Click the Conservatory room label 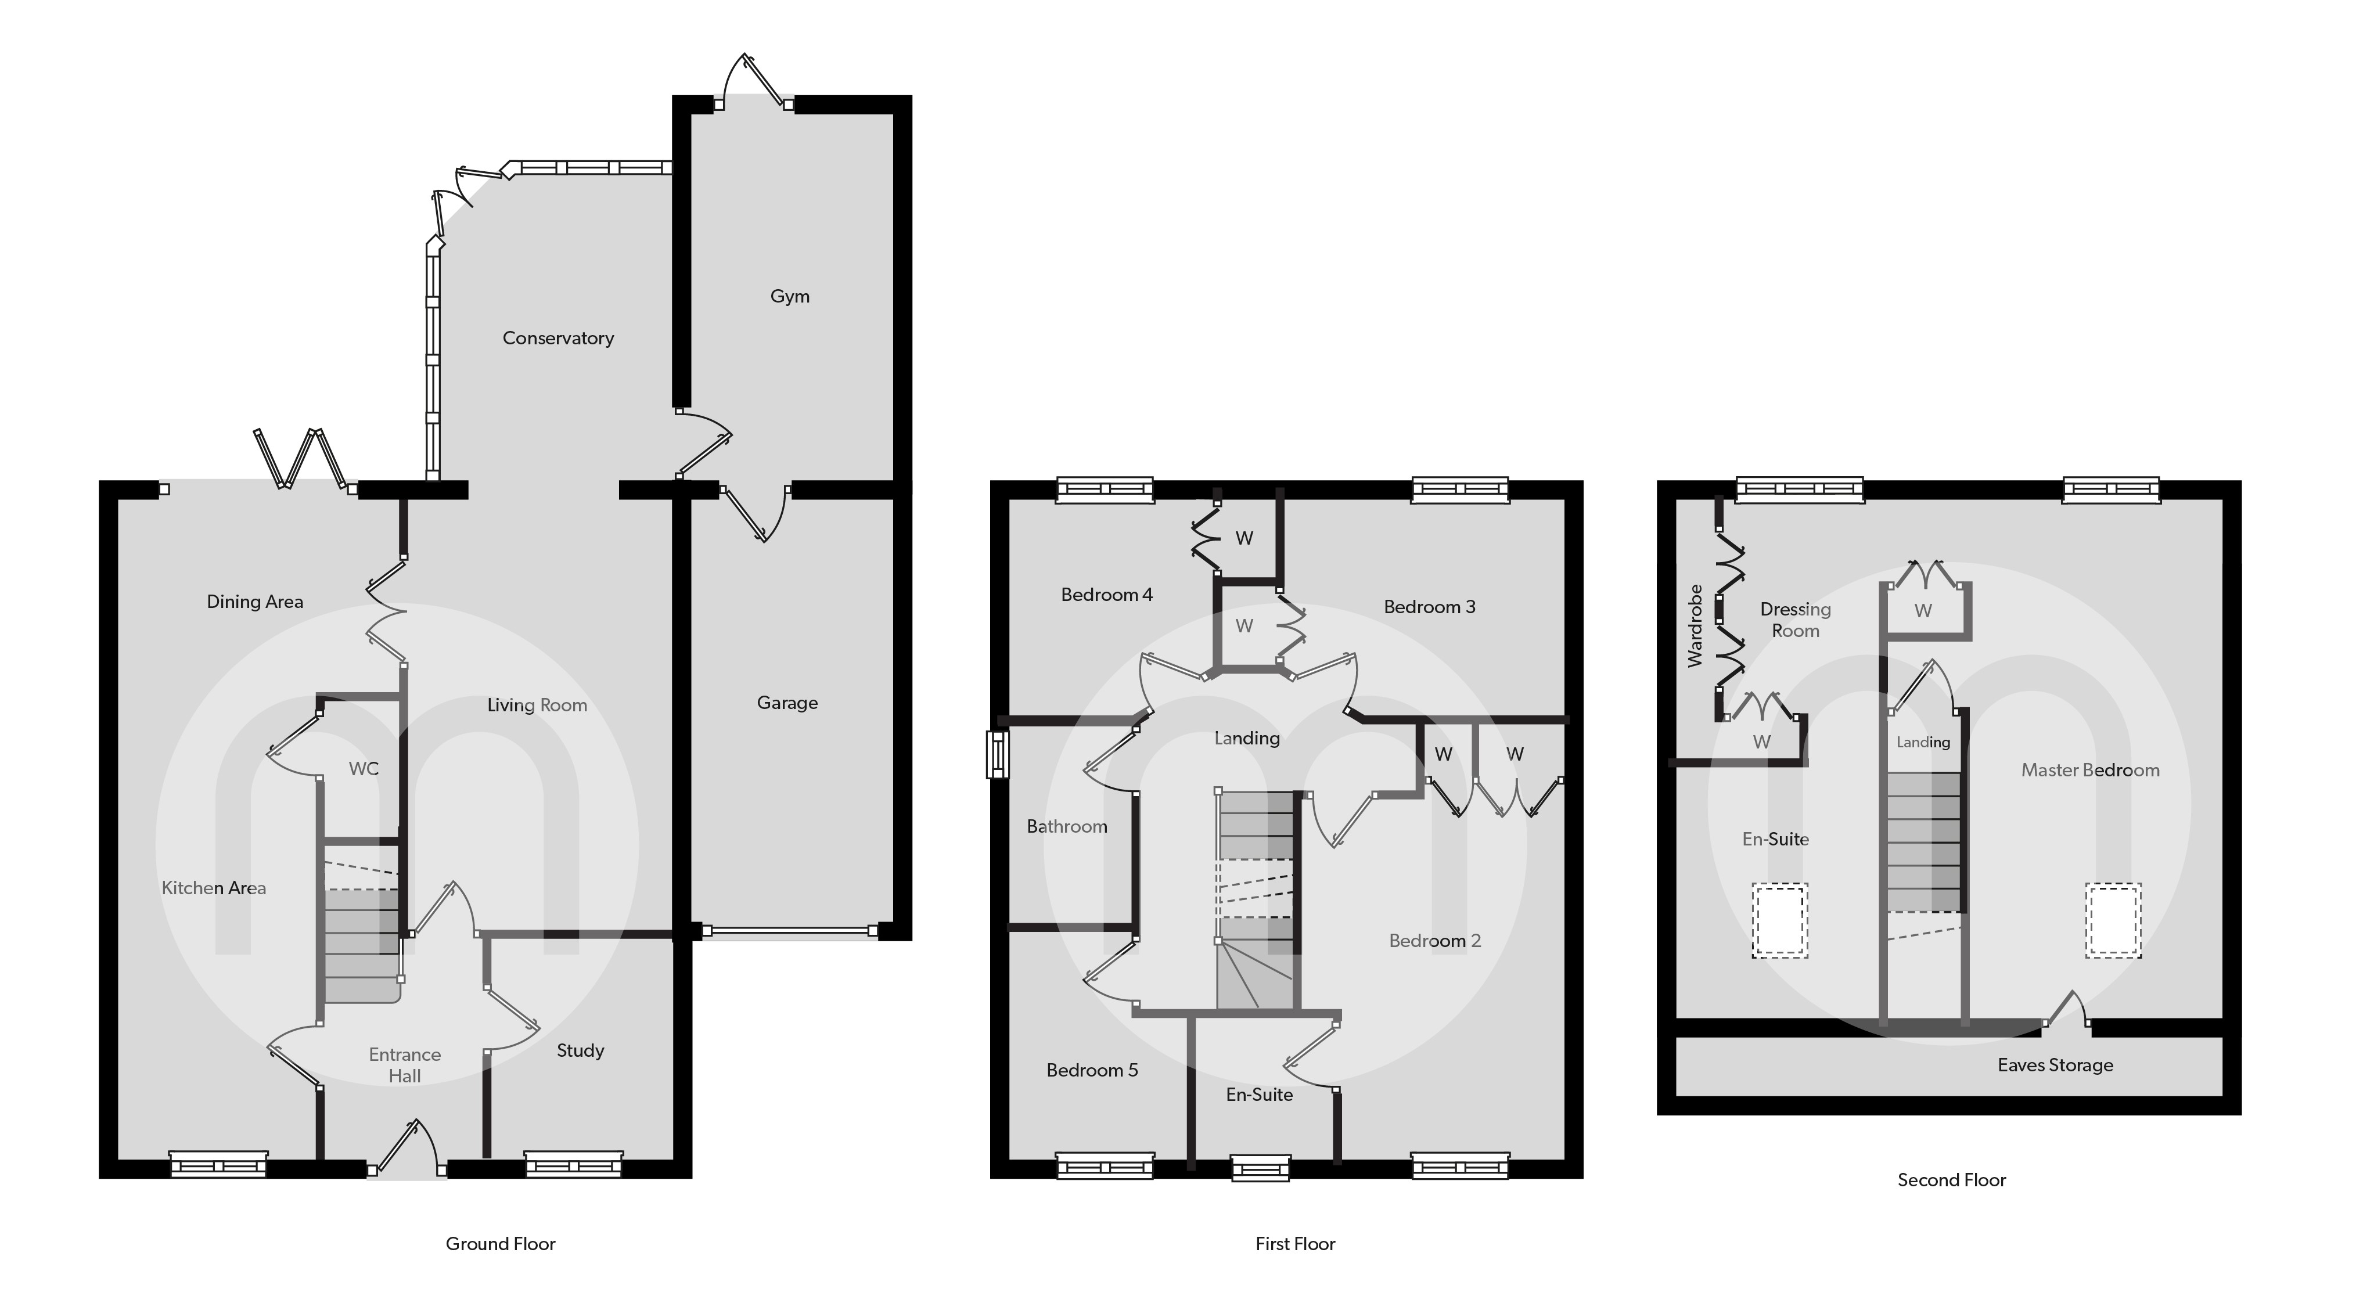tap(558, 339)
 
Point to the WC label tap(363, 769)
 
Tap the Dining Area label tap(254, 602)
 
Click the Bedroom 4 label tap(1107, 595)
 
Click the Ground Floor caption tap(500, 1244)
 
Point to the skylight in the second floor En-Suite tap(1780, 920)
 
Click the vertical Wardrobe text tap(1695, 625)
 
